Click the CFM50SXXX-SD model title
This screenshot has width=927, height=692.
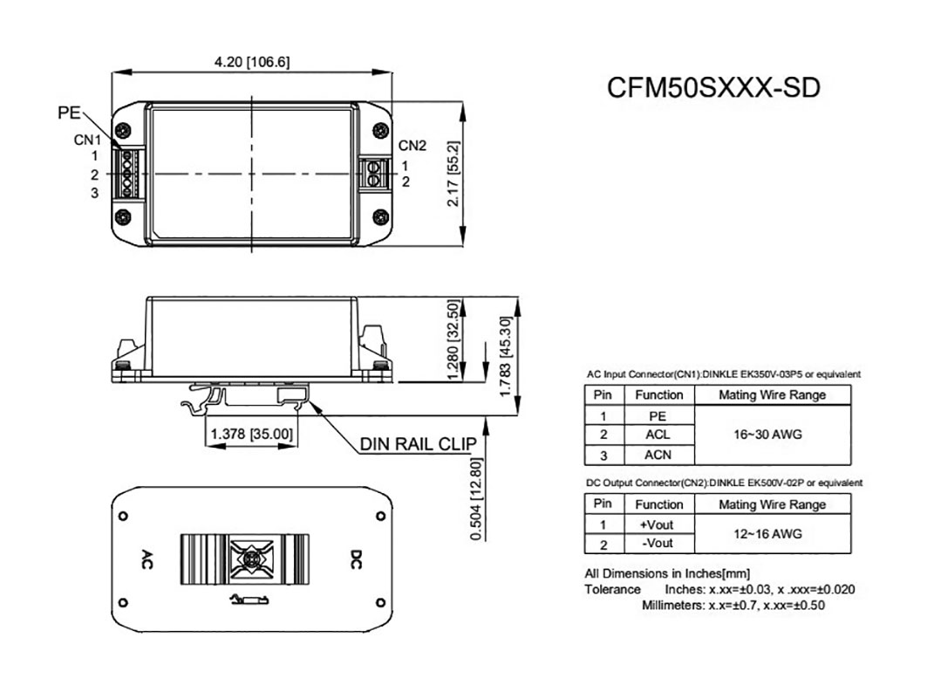click(x=713, y=88)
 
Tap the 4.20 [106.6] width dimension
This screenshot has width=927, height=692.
click(x=252, y=62)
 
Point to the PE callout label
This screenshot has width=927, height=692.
click(x=69, y=113)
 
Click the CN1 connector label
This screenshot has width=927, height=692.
click(x=87, y=139)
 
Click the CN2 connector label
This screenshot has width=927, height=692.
click(x=412, y=145)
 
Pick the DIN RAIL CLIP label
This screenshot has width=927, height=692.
click(x=419, y=444)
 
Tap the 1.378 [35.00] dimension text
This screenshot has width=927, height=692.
click(x=252, y=433)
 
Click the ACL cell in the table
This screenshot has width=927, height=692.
click(x=658, y=435)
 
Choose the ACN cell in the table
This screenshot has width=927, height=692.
click(x=658, y=455)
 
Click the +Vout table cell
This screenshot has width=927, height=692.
click(x=658, y=524)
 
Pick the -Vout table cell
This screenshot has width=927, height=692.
click(x=658, y=544)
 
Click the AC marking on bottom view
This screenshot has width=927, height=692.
click(x=147, y=558)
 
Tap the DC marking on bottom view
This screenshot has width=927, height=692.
click(x=356, y=558)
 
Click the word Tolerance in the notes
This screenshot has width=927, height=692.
click(x=612, y=589)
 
